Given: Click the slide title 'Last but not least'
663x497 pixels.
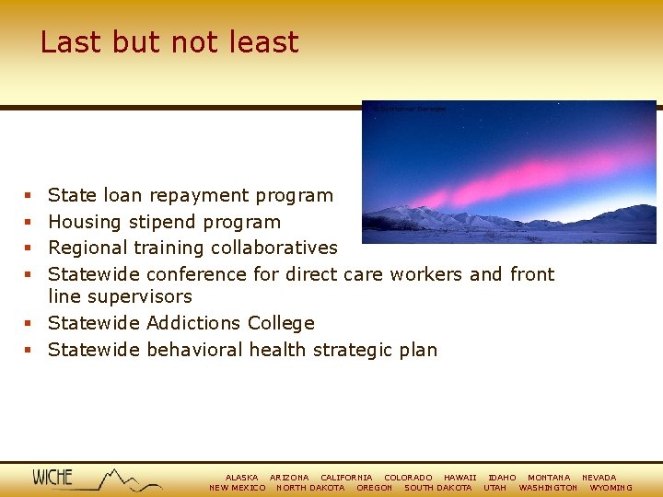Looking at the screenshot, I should (169, 42).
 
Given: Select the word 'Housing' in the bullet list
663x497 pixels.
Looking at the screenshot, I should (85, 222).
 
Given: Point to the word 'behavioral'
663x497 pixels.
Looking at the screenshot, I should (192, 350).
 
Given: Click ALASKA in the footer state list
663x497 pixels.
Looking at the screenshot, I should (241, 478).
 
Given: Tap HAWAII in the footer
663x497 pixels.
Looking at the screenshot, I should (459, 478).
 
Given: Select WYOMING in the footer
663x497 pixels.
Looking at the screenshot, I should (611, 488).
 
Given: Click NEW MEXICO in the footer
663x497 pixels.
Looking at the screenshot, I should (238, 488).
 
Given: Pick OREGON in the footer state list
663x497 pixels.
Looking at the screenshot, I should (374, 488).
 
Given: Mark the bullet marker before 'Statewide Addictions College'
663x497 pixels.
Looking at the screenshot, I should (29, 324).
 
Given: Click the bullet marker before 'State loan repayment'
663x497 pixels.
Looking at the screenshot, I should (29, 196).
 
